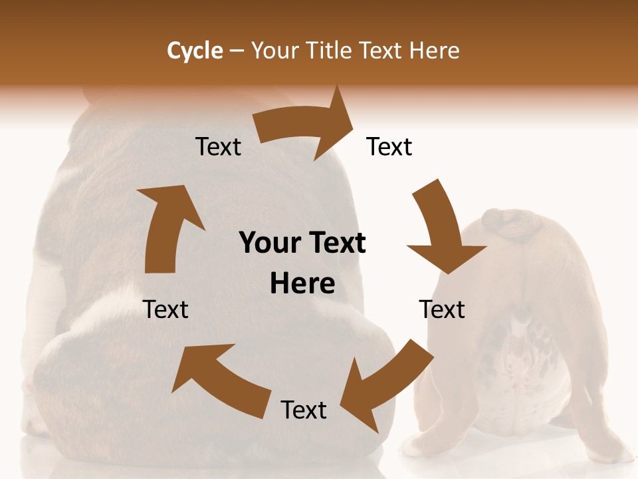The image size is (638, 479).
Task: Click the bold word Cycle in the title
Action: pyautogui.click(x=195, y=51)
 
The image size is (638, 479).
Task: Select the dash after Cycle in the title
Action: pyautogui.click(x=236, y=51)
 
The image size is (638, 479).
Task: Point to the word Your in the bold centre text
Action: pyautogui.click(x=269, y=243)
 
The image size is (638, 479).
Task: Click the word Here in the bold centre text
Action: pyautogui.click(x=302, y=284)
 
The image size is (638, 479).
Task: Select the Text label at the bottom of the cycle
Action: pyautogui.click(x=304, y=410)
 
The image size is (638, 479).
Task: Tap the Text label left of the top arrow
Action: pyautogui.click(x=218, y=147)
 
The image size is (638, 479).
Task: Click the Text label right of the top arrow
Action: pyautogui.click(x=389, y=147)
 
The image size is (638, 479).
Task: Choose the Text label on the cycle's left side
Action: pyautogui.click(x=165, y=309)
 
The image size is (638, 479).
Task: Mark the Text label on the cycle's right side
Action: pyautogui.click(x=442, y=309)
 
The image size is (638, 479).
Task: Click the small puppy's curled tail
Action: pyautogui.click(x=512, y=225)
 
